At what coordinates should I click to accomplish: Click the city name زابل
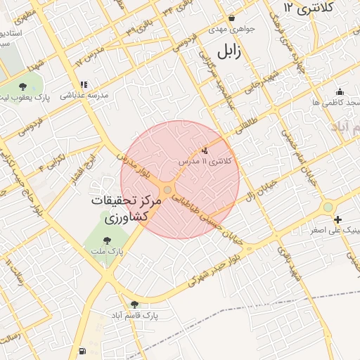pyautogui.click(x=229, y=51)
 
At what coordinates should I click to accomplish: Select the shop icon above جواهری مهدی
pyautogui.click(x=231, y=18)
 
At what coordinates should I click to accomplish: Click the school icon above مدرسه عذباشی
pyautogui.click(x=83, y=84)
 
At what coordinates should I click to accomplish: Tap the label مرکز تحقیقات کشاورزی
pyautogui.click(x=127, y=209)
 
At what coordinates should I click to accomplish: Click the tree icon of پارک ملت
pyautogui.click(x=107, y=240)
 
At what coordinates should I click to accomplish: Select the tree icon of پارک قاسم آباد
pyautogui.click(x=134, y=304)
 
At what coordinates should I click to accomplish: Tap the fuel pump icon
pyautogui.click(x=83, y=350)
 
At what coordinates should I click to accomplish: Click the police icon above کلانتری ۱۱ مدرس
pyautogui.click(x=205, y=150)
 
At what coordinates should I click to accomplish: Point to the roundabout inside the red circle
pyautogui.click(x=168, y=190)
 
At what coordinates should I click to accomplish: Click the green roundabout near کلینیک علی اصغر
pyautogui.click(x=328, y=207)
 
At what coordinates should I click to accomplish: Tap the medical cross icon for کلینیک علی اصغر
pyautogui.click(x=339, y=219)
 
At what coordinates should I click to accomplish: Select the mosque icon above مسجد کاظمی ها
pyautogui.click(x=340, y=91)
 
